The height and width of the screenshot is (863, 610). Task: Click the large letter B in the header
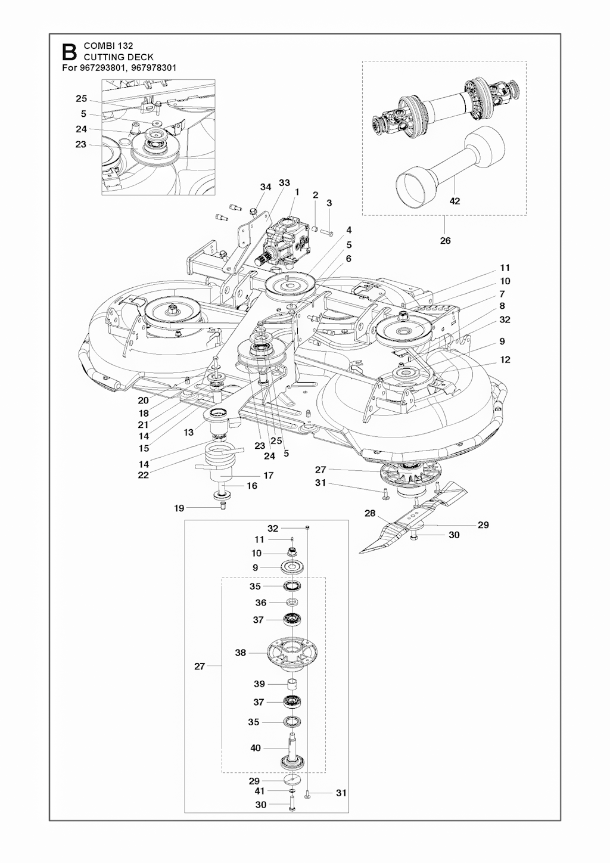coord(70,51)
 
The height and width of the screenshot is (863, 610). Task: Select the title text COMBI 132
coord(108,46)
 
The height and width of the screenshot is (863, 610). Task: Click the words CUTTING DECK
coord(119,57)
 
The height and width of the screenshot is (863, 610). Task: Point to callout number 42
coord(455,201)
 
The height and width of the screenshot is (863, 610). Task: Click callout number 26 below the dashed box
coord(445,241)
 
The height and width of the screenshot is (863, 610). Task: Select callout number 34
coord(266,187)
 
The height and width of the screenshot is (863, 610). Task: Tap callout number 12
coord(505,360)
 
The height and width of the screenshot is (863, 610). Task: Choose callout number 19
coord(179,508)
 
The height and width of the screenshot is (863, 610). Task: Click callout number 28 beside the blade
coord(370,513)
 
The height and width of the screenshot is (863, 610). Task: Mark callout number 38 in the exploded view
coord(240,653)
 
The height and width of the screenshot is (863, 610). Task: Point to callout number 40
coord(256,748)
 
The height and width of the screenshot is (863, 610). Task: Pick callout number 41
coord(259,791)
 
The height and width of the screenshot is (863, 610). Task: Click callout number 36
coord(260,603)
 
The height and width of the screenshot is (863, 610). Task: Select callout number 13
coord(189,432)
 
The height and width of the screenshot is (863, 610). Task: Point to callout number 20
coord(143,401)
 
